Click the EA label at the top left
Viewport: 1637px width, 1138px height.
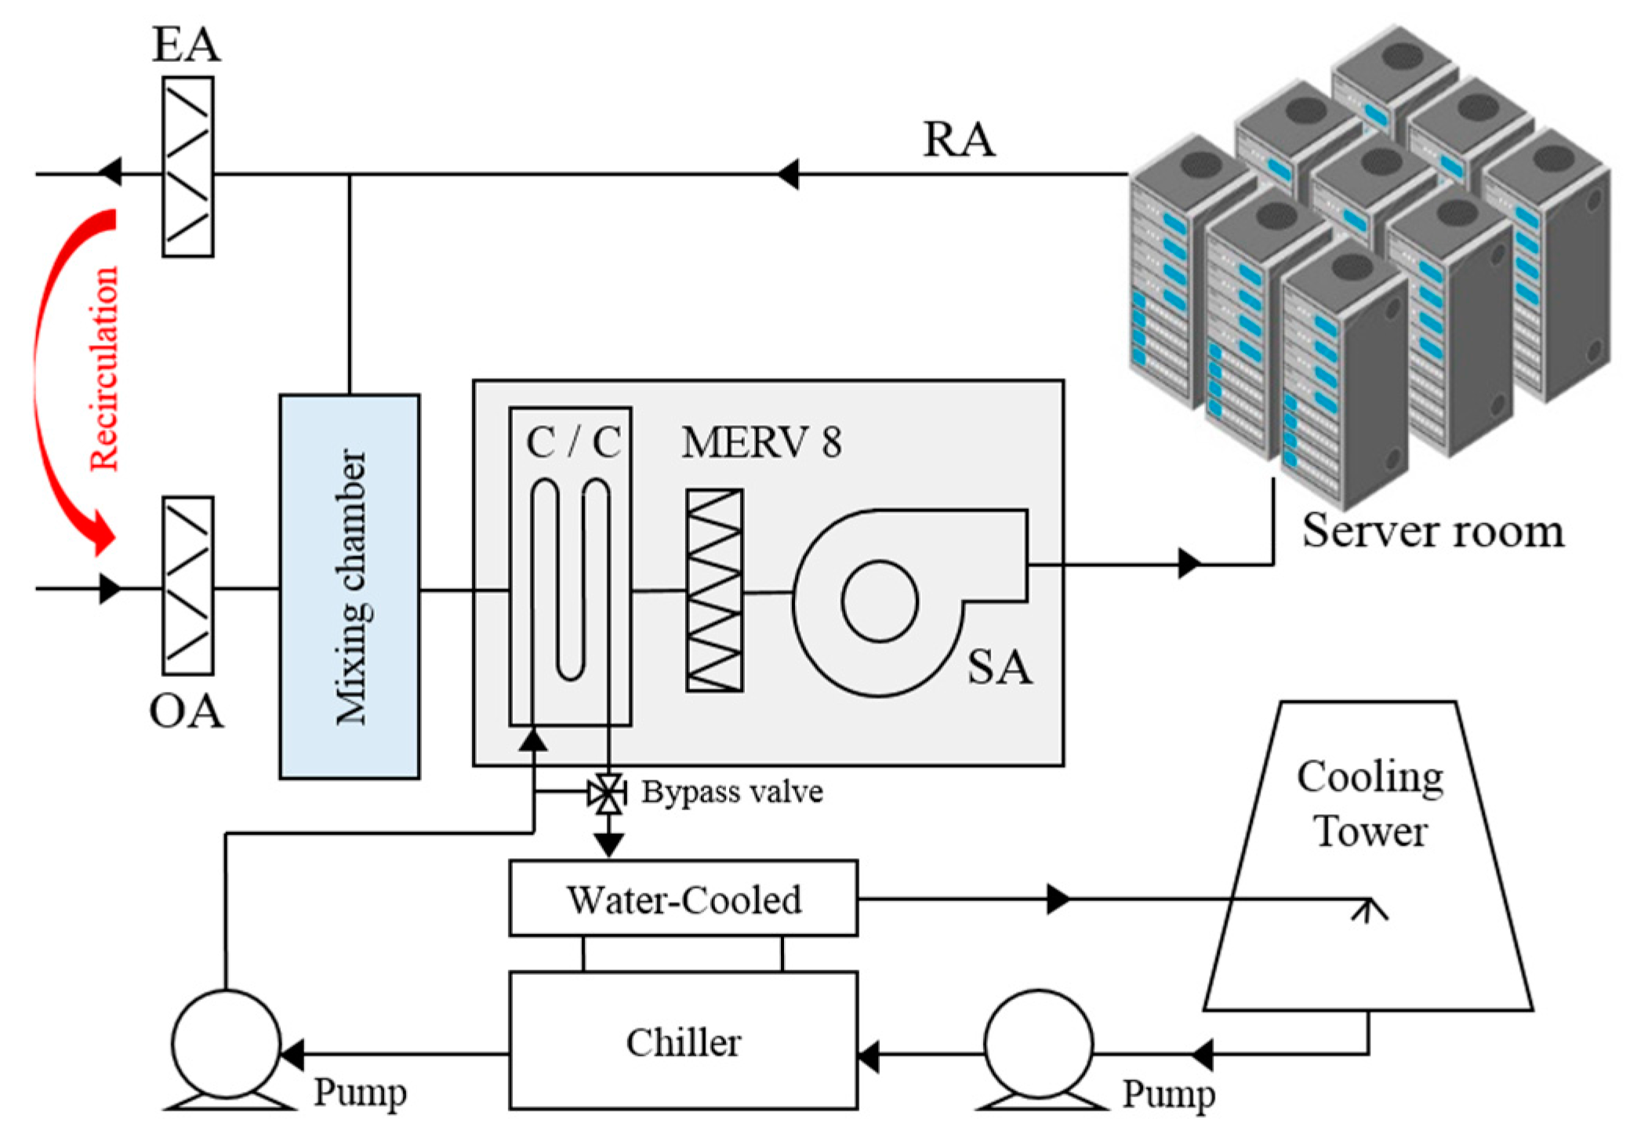[186, 45]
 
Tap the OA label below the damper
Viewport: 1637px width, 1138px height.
[186, 712]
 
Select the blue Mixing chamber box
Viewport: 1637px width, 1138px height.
[350, 587]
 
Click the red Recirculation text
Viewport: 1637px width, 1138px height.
[104, 369]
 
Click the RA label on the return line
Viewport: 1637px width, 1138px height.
[958, 140]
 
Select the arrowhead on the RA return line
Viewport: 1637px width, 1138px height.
[788, 174]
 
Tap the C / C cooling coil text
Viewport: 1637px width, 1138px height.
[573, 442]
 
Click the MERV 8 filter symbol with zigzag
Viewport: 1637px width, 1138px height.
[714, 590]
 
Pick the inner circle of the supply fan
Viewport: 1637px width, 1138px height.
[880, 601]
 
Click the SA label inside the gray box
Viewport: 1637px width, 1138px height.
[999, 667]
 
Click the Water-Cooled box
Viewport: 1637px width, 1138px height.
[683, 899]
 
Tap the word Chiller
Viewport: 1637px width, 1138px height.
[683, 1042]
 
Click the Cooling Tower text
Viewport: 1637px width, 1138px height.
[1370, 803]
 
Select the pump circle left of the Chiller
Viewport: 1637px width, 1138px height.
[226, 1043]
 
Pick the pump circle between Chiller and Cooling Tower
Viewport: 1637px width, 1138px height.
[1039, 1043]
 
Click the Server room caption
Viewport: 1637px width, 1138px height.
[1432, 531]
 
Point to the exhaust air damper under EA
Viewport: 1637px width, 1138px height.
[187, 167]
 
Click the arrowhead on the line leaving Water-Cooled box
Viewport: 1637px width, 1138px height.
[1058, 899]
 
